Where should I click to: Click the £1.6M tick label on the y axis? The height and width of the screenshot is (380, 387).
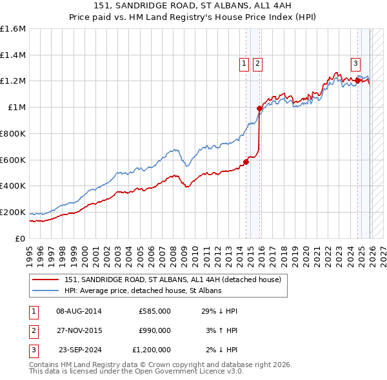tap(13, 29)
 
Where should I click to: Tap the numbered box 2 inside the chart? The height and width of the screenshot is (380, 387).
tap(257, 63)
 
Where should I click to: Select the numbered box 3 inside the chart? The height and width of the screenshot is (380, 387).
tap(356, 63)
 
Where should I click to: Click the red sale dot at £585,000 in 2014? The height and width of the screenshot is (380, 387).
tap(246, 162)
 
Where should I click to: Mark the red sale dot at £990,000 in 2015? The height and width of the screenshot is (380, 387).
tap(260, 109)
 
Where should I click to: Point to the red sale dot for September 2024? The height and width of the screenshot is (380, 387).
tap(357, 81)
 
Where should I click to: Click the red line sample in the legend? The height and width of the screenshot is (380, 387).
tap(46, 280)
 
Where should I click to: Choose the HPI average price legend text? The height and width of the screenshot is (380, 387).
tap(143, 291)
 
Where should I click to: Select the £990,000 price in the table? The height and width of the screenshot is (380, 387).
tap(154, 330)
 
